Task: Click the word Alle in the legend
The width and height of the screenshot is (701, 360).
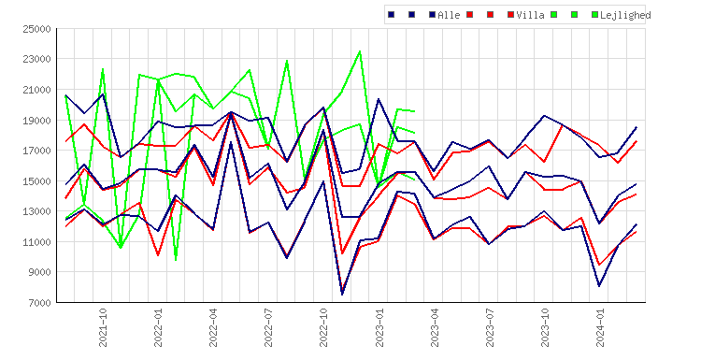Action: point(449,15)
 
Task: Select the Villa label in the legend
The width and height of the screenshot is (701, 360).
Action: point(530,15)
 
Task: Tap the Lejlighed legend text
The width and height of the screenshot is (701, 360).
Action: point(625,16)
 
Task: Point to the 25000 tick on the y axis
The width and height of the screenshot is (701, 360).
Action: point(37,30)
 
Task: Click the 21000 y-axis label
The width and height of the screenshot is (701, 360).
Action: point(37,90)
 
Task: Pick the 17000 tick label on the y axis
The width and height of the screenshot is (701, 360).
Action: point(37,151)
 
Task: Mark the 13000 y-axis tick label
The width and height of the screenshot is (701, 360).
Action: point(37,211)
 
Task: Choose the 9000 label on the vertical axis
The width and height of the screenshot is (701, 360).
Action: point(40,272)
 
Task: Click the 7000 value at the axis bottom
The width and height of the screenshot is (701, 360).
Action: point(40,303)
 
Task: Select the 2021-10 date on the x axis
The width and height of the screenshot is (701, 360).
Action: point(103,327)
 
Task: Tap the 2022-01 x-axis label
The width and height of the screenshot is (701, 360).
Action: point(158,327)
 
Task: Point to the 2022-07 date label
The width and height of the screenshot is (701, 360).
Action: point(268,327)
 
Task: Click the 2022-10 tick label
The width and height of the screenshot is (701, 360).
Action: point(323,327)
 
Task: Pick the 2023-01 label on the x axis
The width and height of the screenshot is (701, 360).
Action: point(379,327)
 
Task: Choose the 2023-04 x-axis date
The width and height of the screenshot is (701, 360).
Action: point(435,327)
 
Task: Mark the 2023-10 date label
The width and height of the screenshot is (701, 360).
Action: point(545,327)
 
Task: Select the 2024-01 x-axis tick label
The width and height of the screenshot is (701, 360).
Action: point(600,327)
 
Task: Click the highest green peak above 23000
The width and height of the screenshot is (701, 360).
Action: point(360,51)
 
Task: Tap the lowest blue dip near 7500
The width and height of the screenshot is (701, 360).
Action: point(342,295)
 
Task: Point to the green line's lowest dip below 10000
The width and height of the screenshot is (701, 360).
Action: point(176,260)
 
